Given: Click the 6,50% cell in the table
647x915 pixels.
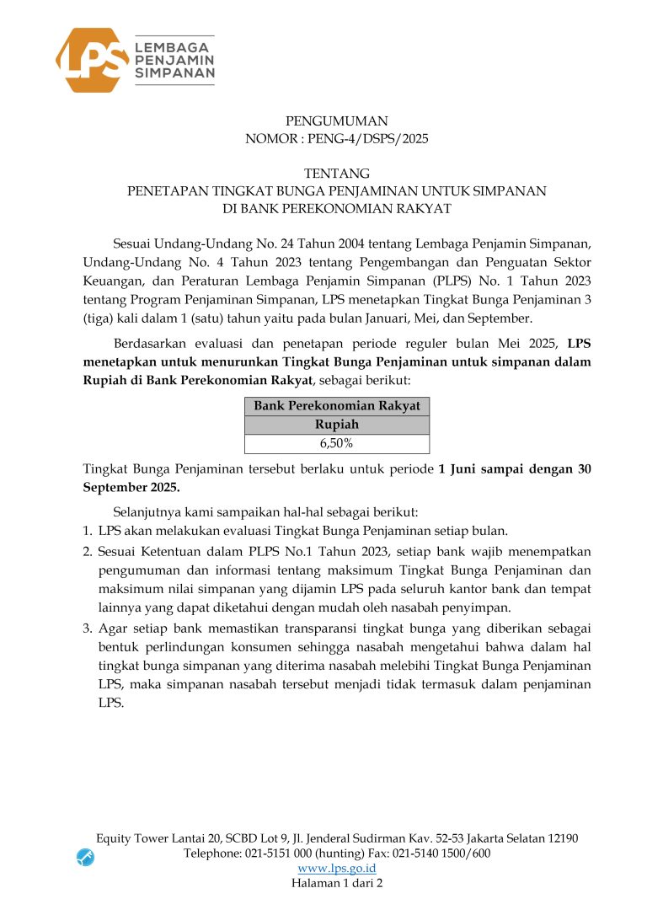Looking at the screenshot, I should click(336, 444).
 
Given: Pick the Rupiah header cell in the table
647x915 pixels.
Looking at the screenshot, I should click(336, 425).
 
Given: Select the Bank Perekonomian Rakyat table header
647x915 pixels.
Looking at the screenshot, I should click(336, 406).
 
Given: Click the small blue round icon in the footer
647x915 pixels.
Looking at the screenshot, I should click(85, 857).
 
